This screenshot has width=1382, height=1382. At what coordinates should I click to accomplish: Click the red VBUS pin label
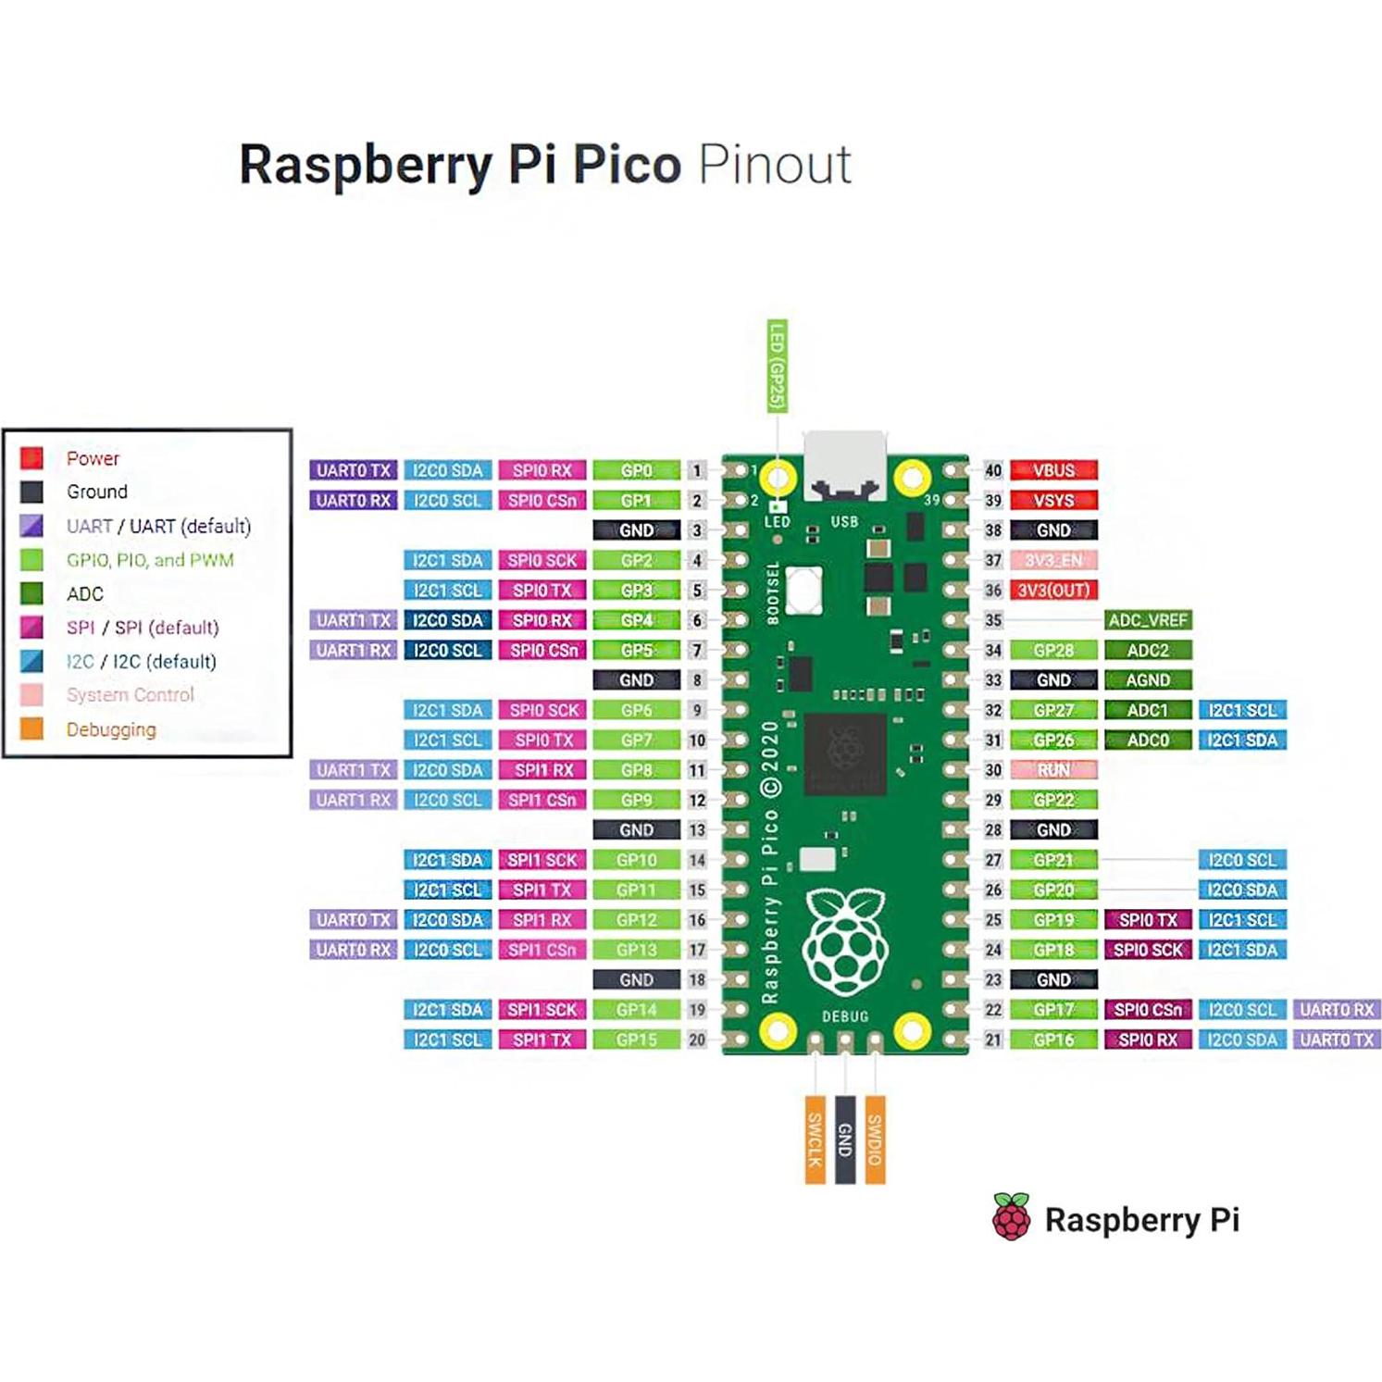(1053, 470)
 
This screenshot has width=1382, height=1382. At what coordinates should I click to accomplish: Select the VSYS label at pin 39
(1053, 501)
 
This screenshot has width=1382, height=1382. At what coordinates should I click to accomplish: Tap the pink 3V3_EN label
(1053, 560)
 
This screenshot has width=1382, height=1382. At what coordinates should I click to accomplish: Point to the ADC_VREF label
(1147, 620)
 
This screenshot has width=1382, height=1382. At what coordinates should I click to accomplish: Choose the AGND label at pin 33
(1147, 680)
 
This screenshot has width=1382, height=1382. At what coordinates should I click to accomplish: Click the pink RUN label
(1053, 770)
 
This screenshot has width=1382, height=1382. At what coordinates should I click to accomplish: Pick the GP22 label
(1053, 800)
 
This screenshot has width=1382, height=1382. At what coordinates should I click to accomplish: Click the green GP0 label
(636, 470)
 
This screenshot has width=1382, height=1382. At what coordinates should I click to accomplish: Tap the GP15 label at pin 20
(636, 1040)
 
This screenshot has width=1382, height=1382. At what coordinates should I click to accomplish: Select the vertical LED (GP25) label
(778, 367)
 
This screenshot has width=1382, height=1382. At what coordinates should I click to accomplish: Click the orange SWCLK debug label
(815, 1139)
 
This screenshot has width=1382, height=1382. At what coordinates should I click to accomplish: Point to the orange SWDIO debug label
(875, 1139)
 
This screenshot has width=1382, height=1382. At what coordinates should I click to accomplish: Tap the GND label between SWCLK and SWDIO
(844, 1139)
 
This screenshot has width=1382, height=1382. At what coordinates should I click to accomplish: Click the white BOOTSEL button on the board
(803, 589)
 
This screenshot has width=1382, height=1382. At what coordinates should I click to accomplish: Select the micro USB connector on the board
(844, 467)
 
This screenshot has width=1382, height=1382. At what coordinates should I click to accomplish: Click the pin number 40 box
(993, 470)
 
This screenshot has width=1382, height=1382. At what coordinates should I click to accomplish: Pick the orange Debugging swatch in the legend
(31, 728)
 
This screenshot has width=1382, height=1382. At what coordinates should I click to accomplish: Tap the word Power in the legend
(93, 458)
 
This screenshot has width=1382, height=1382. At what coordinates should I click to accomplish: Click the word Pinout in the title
(774, 165)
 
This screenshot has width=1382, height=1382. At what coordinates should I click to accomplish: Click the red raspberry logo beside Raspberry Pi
(1011, 1217)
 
